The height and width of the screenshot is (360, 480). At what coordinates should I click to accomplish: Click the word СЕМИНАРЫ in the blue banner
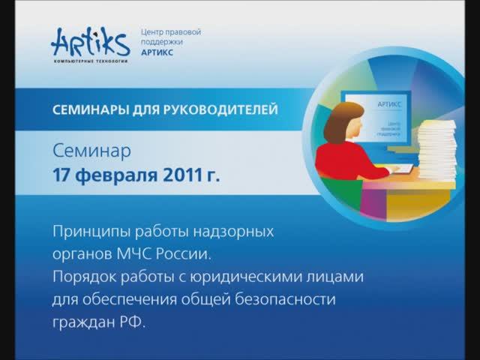[89, 110]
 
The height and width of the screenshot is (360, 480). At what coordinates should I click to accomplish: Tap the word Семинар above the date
[91, 151]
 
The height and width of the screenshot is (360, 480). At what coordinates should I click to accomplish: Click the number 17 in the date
[62, 177]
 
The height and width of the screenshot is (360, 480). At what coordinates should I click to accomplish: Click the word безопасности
[288, 300]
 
